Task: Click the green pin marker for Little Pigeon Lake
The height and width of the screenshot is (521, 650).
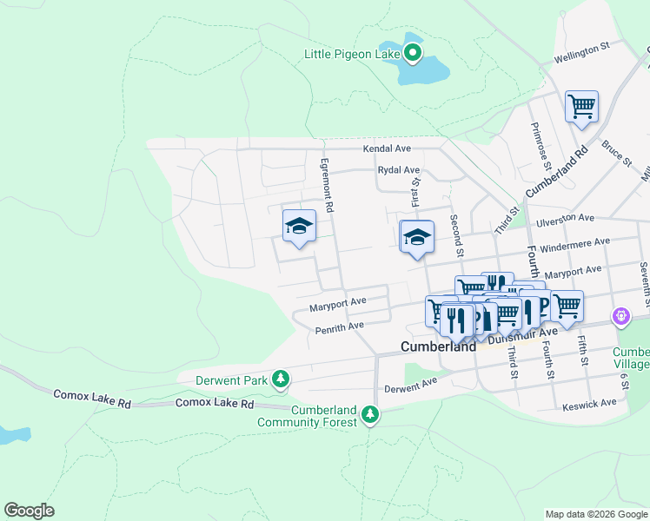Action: pyautogui.click(x=413, y=54)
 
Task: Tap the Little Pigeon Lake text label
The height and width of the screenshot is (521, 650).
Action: pyautogui.click(x=351, y=54)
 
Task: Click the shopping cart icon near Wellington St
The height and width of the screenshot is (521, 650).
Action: pyautogui.click(x=581, y=108)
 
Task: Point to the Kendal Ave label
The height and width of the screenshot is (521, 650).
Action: pyautogui.click(x=387, y=149)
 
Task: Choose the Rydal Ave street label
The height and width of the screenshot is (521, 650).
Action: pyautogui.click(x=398, y=170)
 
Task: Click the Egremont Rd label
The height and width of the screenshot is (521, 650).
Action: pyautogui.click(x=327, y=185)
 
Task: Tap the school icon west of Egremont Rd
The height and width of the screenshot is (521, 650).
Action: pyautogui.click(x=298, y=227)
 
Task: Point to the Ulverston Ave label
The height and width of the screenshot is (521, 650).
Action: pyautogui.click(x=566, y=219)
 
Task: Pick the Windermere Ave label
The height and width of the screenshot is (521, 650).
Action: pyautogui.click(x=574, y=246)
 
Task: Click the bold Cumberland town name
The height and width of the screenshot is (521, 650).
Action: pyautogui.click(x=438, y=346)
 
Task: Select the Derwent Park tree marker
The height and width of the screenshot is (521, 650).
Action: pyautogui.click(x=280, y=379)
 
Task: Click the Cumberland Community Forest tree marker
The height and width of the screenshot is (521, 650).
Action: pyautogui.click(x=371, y=414)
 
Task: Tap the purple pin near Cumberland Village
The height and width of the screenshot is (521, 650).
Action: pyautogui.click(x=620, y=317)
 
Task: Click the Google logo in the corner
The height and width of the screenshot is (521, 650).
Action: pyautogui.click(x=29, y=510)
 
